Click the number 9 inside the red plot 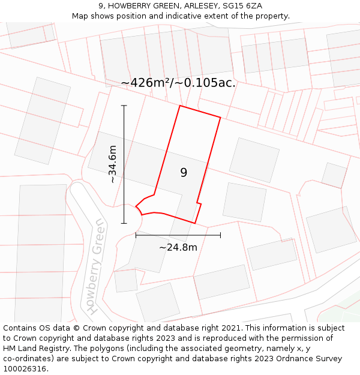[184, 173]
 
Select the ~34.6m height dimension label [113, 164]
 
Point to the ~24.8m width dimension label [178, 247]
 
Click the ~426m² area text [146, 83]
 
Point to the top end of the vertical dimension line [124, 106]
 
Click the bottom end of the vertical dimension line [124, 223]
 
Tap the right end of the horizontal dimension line [220, 235]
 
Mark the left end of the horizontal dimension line [136, 235]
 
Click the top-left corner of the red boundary [179, 106]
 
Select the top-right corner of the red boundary [220, 118]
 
